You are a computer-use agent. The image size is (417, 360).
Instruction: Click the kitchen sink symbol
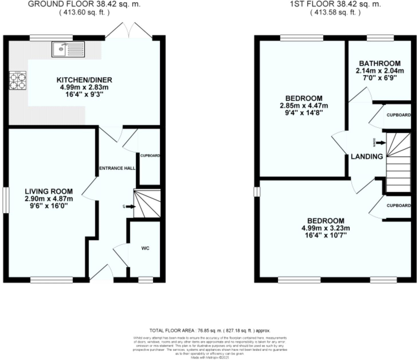pyautogui.click(x=68, y=49)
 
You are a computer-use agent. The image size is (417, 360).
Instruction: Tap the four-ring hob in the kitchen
pyautogui.click(x=18, y=81)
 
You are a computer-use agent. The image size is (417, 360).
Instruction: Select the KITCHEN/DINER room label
pyautogui.click(x=84, y=80)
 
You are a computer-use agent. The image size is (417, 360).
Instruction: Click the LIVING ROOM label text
pyautogui.click(x=49, y=191)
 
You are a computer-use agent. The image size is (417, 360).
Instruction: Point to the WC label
pyautogui.click(x=145, y=249)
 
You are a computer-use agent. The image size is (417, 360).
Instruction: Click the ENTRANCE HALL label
pyautogui.click(x=117, y=168)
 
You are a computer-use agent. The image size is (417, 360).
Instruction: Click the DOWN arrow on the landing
pyautogui.click(x=381, y=143)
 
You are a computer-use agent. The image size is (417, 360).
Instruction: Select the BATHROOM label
pyautogui.click(x=379, y=63)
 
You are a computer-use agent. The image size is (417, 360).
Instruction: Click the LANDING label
pyautogui.click(x=367, y=156)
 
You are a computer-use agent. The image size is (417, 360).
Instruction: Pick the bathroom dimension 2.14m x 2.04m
pyautogui.click(x=379, y=71)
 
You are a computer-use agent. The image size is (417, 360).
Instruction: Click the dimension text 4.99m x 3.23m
pyautogui.click(x=326, y=228)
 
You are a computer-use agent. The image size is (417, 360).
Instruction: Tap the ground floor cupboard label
pyautogui.click(x=150, y=156)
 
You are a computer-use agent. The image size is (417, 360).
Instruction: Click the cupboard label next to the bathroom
pyautogui.click(x=398, y=115)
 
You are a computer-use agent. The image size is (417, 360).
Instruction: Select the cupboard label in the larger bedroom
pyautogui.click(x=398, y=206)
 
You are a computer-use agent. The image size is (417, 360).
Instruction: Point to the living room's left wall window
pyautogui.click(x=6, y=200)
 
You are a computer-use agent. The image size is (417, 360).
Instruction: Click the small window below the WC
pyautogui.click(x=146, y=280)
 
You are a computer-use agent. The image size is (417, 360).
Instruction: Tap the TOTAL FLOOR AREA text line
pyautogui.click(x=210, y=330)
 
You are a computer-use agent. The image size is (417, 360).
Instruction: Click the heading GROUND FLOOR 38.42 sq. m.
pyautogui.click(x=84, y=4)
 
